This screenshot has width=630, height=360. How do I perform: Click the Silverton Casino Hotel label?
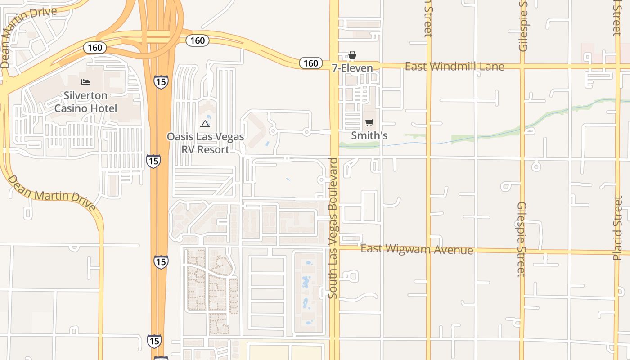pyautogui.click(x=85, y=102)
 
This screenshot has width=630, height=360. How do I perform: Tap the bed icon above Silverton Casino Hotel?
pyautogui.click(x=85, y=82)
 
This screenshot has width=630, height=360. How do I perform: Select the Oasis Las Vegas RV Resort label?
pyautogui.click(x=205, y=143)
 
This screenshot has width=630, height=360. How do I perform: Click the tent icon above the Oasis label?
pyautogui.click(x=205, y=124)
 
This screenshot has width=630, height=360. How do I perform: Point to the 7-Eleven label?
pyautogui.click(x=352, y=68)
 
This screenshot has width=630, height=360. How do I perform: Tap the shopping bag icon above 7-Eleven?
pyautogui.click(x=352, y=55)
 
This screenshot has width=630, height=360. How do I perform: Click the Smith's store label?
pyautogui.click(x=369, y=135)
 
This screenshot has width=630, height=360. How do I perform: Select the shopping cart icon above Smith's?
pyautogui.click(x=369, y=122)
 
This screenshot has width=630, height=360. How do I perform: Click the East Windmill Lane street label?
pyautogui.click(x=454, y=67)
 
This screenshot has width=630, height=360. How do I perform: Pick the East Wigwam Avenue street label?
pyautogui.click(x=417, y=249)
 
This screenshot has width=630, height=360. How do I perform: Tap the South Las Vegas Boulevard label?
pyautogui.click(x=333, y=228)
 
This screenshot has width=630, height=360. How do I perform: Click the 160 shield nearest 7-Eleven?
pyautogui.click(x=310, y=63)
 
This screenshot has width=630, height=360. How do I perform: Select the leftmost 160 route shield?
pyautogui.click(x=95, y=47)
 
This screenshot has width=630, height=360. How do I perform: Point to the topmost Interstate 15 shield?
pyautogui.click(x=161, y=82)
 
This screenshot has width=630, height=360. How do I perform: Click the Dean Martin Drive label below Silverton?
pyautogui.click(x=52, y=193)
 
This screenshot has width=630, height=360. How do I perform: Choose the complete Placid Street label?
pyautogui.click(x=618, y=228)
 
